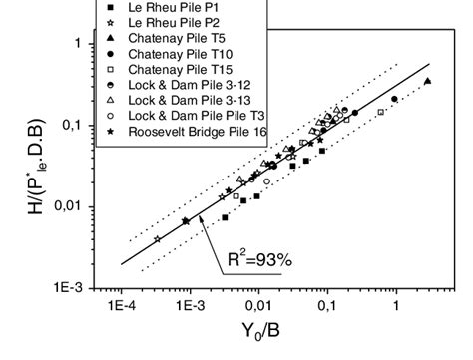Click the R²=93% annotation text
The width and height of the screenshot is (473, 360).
(x=257, y=261)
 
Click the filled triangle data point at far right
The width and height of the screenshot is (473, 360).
(x=427, y=81)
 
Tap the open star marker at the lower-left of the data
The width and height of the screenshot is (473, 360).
(x=157, y=239)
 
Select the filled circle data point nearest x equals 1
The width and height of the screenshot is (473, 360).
(x=394, y=99)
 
